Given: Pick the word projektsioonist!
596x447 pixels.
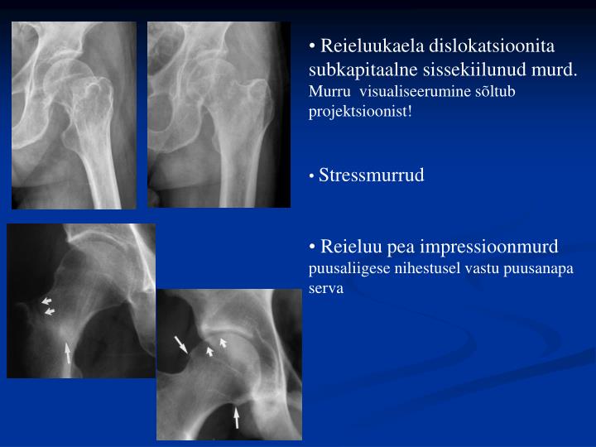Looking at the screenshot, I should tap(359, 111).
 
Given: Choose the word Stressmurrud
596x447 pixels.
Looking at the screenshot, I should tap(371, 175).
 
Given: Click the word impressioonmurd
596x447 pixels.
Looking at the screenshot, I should tap(488, 247).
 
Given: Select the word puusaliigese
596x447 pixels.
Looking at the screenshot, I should tap(348, 269).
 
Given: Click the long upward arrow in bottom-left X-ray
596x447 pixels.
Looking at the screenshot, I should tap(68, 354).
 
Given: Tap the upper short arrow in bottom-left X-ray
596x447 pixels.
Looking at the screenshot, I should tap(46, 300).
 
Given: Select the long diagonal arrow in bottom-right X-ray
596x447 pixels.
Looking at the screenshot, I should tap(180, 344).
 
